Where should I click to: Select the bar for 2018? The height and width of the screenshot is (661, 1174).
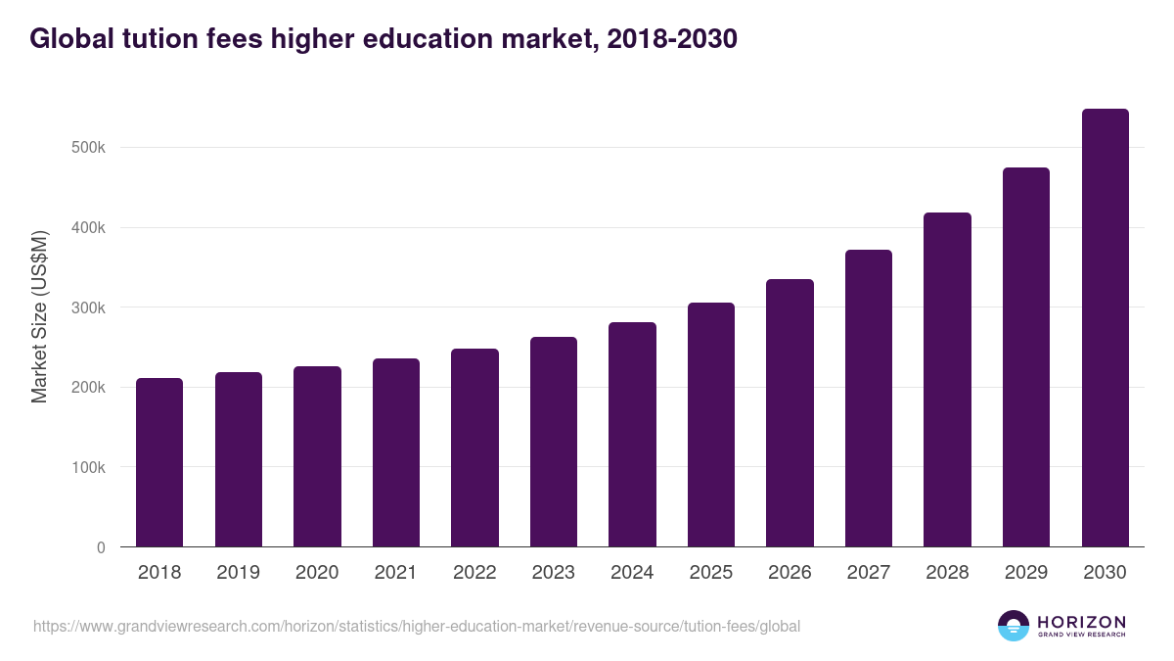click(159, 462)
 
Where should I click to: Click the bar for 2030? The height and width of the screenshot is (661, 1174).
click(1105, 328)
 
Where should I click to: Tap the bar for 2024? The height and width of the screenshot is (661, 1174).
click(632, 435)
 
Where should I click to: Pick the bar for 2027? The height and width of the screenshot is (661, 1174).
click(869, 399)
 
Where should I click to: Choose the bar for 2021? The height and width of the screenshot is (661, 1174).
click(396, 452)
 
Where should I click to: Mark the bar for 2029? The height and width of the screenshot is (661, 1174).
click(1026, 357)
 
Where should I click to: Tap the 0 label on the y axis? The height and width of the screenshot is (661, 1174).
click(100, 547)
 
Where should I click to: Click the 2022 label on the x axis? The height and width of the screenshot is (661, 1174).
click(474, 573)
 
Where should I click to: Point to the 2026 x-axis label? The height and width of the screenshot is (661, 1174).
click(790, 573)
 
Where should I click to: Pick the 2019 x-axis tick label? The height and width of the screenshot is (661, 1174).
click(238, 573)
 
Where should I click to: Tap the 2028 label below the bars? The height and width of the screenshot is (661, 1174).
click(947, 573)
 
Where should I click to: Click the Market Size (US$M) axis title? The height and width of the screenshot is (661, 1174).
click(39, 317)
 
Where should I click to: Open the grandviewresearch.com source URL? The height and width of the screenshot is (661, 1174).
click(417, 626)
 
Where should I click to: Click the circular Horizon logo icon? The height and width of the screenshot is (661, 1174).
click(1014, 626)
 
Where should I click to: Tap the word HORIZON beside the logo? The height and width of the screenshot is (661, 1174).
click(1082, 622)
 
